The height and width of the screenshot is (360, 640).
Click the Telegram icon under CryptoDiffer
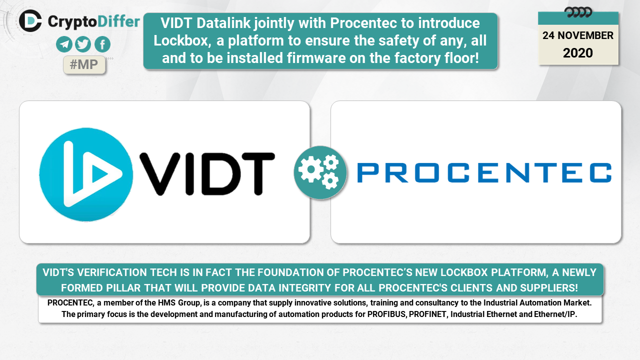(x=64, y=44)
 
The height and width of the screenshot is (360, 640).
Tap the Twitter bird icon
(x=83, y=44)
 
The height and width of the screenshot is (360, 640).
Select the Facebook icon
(x=102, y=44)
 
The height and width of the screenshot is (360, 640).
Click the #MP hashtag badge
(x=84, y=64)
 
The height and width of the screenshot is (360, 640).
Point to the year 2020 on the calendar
(x=577, y=53)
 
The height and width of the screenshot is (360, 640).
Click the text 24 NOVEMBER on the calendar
(x=577, y=35)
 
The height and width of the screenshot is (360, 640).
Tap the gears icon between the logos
(x=320, y=172)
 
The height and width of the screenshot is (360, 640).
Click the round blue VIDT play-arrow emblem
(x=86, y=174)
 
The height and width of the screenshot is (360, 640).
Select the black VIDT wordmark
(x=207, y=173)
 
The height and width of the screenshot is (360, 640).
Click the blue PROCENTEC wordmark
(x=484, y=172)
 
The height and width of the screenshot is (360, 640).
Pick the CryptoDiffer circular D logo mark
(x=30, y=21)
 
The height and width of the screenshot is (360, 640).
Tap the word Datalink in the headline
(x=223, y=23)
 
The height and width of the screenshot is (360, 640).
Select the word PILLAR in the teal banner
(x=123, y=287)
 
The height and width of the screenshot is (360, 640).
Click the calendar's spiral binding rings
(x=578, y=12)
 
